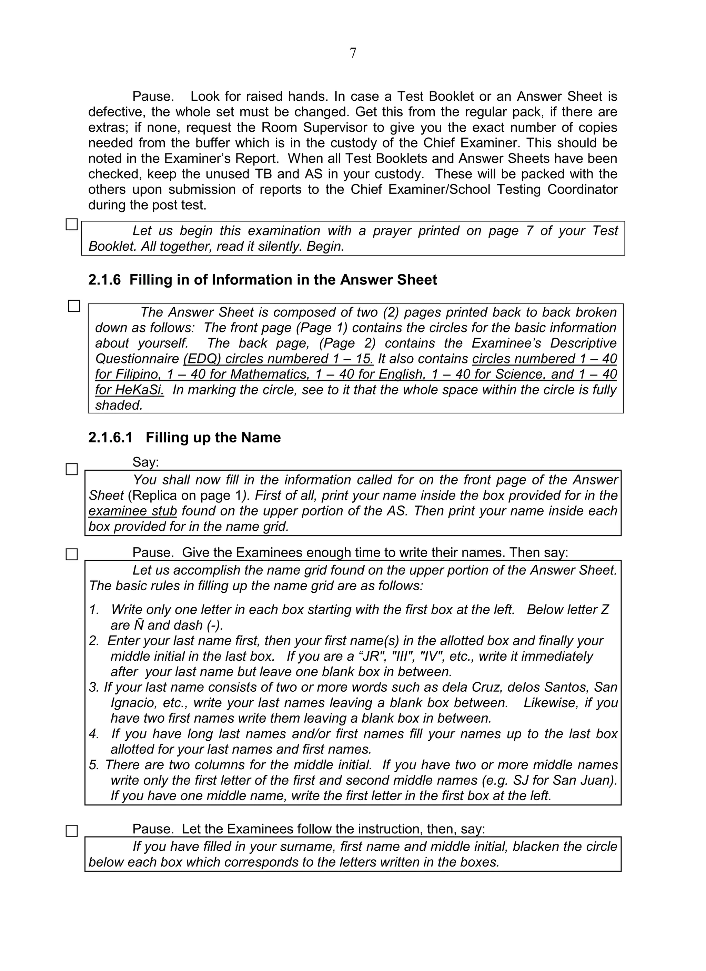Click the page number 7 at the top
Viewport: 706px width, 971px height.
[x=353, y=53]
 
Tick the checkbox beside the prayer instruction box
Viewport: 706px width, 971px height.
[x=71, y=225]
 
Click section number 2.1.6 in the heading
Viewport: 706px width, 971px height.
[x=104, y=280]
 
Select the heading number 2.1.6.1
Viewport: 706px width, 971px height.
[x=110, y=438]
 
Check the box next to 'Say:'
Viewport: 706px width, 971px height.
[x=71, y=470]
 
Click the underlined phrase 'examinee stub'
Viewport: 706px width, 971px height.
[x=133, y=511]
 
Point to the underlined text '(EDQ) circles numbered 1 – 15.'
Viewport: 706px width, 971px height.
[x=278, y=359]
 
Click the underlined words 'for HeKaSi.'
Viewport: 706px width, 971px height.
[x=129, y=390]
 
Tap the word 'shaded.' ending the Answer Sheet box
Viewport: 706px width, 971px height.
[x=119, y=406]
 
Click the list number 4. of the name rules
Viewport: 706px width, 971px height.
[x=94, y=734]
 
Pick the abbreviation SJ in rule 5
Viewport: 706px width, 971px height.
[x=520, y=780]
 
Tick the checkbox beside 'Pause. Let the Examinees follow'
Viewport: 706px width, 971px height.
[x=71, y=831]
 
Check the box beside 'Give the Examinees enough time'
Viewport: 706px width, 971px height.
[x=71, y=555]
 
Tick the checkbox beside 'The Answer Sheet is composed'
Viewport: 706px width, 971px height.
[x=74, y=306]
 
